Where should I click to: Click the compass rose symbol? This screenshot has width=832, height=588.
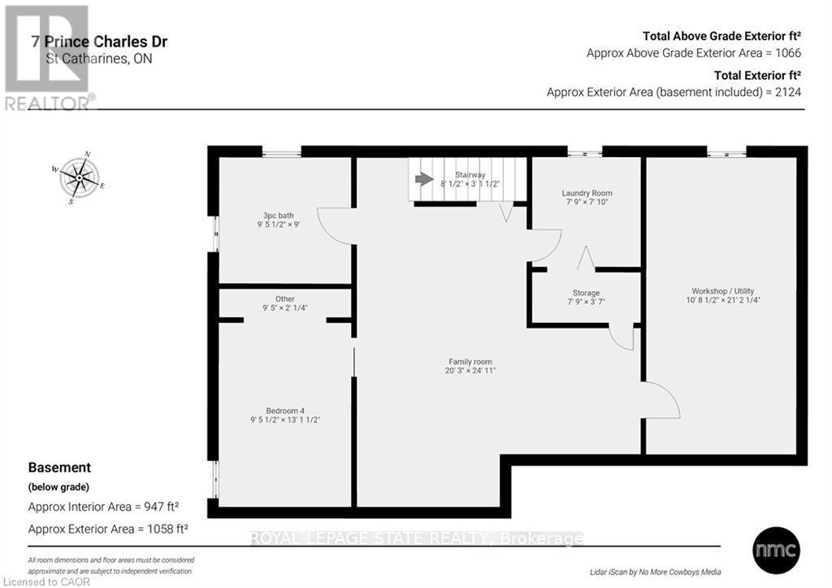[x=79, y=177]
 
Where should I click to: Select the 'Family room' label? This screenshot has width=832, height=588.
[x=470, y=362]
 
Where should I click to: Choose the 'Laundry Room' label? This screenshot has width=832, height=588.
[x=586, y=194]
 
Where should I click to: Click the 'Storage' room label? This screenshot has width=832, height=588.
[x=586, y=293]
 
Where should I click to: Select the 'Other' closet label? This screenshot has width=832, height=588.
[x=284, y=298]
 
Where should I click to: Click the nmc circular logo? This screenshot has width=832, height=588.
[x=776, y=547]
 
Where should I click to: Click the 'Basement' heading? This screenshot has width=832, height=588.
[x=59, y=468]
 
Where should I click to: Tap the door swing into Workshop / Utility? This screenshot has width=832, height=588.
[x=660, y=400]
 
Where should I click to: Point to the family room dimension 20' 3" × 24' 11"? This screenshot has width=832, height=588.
[x=470, y=371]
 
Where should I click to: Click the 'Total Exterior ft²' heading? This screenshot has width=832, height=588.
[x=757, y=75]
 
